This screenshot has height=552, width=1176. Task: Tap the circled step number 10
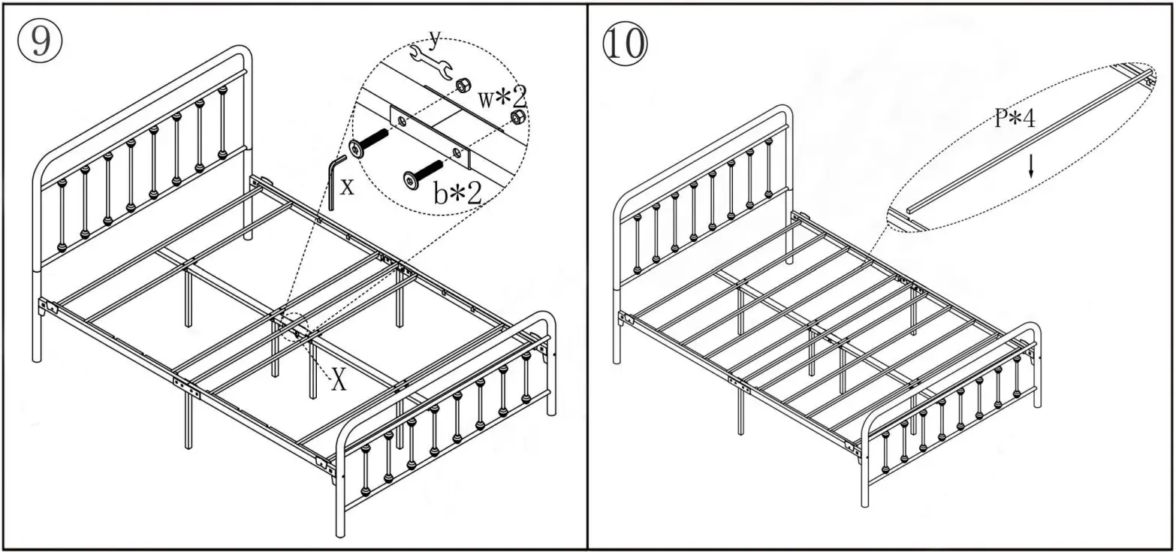click(x=624, y=44)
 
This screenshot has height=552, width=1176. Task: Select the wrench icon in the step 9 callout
click(x=430, y=64)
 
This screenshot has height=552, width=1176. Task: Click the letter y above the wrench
click(x=434, y=38)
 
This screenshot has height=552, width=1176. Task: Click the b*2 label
click(x=457, y=193)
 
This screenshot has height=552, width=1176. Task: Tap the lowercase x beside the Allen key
click(x=346, y=186)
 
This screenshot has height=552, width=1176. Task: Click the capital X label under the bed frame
click(x=339, y=381)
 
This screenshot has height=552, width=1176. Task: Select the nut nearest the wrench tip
click(x=463, y=85)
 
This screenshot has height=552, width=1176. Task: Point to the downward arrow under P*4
click(x=1031, y=165)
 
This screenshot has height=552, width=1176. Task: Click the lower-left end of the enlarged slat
click(x=911, y=211)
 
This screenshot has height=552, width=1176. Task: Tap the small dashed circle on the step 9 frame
click(x=297, y=327)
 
